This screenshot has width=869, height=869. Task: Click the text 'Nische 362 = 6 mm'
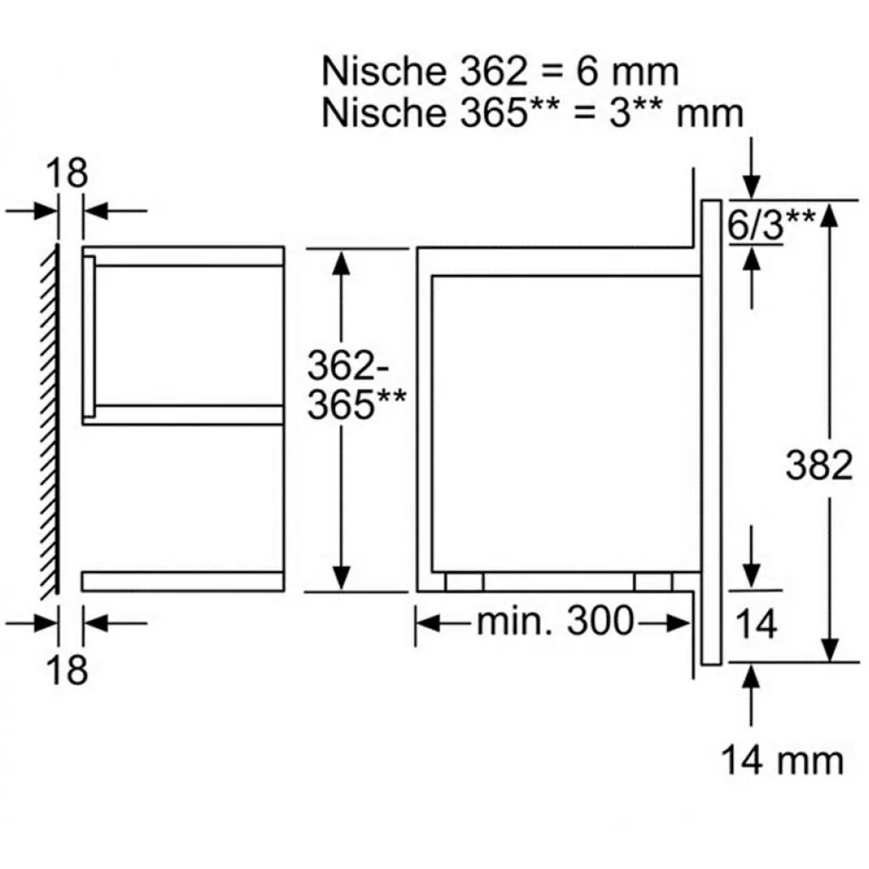500,72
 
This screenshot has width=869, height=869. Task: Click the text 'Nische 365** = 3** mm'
532,113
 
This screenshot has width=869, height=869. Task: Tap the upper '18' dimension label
66,174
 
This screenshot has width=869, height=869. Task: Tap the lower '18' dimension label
66,670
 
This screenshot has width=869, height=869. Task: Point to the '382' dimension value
819,465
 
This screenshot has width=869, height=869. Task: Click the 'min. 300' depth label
554,623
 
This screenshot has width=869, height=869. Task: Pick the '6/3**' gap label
771,223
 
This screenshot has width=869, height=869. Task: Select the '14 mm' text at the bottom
782,760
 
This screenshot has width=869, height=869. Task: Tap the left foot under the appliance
464,581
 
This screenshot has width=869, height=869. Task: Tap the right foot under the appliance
653,581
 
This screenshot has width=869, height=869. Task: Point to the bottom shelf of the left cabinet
182,581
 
